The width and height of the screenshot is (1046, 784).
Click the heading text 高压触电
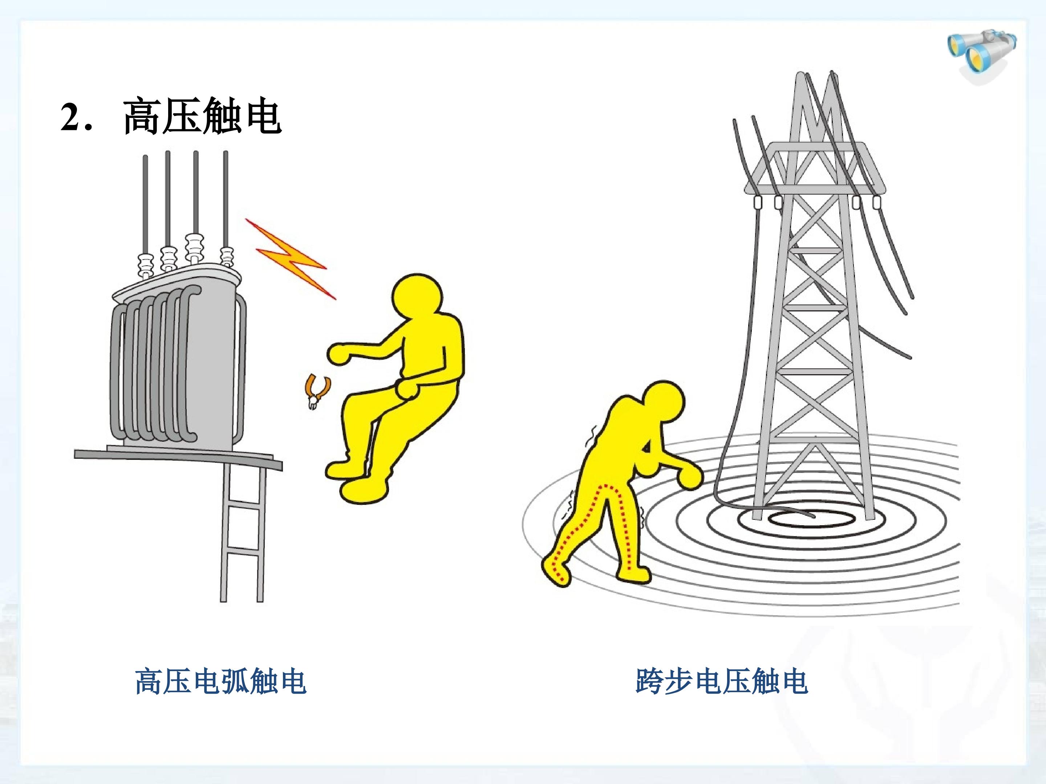(202, 116)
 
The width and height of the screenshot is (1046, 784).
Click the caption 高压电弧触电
(221, 681)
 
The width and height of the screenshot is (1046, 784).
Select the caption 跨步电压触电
(722, 681)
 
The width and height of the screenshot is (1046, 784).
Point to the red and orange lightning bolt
(290, 258)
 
